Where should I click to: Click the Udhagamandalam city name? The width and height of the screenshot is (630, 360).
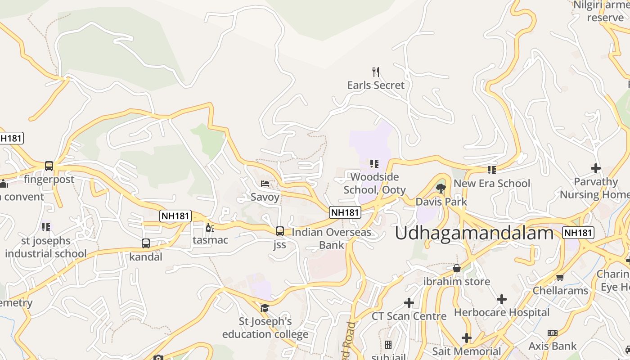(474, 233)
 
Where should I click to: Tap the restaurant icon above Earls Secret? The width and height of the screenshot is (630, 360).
(376, 72)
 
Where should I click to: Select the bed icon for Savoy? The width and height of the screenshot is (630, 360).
(265, 184)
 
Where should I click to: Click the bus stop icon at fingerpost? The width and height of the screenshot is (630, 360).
(49, 166)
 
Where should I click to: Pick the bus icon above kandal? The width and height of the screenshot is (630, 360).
(146, 243)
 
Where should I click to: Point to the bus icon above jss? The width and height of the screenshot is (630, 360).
(280, 231)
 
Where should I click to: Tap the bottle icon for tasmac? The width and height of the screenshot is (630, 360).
(208, 227)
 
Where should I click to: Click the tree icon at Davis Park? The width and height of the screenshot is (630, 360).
(441, 188)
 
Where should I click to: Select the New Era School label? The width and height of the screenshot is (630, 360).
(492, 184)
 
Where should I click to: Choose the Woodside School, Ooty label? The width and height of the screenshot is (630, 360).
(374, 183)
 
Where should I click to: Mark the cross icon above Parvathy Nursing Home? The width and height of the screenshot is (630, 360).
(595, 168)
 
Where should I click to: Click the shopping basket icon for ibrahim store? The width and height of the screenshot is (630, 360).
(457, 268)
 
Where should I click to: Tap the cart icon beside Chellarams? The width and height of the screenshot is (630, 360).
(560, 277)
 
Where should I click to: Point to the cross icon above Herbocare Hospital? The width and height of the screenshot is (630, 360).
(502, 299)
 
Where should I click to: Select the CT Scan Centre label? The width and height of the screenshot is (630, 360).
(409, 316)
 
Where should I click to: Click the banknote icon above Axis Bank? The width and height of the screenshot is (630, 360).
(553, 333)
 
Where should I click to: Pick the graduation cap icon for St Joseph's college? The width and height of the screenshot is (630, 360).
(265, 308)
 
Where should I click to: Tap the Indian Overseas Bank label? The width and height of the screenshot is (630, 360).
(332, 238)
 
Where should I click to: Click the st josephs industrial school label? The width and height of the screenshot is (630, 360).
(46, 247)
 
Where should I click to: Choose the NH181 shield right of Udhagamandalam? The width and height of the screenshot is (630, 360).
(578, 233)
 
